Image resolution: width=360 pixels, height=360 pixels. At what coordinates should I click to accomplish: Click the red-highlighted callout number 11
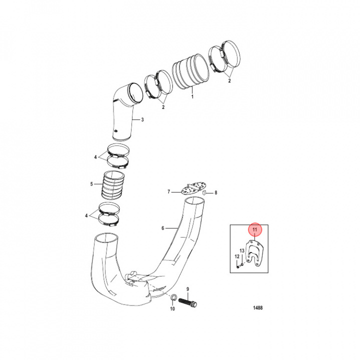(x=255, y=230)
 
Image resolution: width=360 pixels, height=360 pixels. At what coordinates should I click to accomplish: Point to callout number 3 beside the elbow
(x=142, y=119)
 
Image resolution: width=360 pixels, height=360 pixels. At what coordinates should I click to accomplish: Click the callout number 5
(x=91, y=184)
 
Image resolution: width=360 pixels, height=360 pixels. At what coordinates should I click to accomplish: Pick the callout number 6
(x=162, y=228)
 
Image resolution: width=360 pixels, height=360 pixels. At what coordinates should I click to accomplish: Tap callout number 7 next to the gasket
(x=169, y=191)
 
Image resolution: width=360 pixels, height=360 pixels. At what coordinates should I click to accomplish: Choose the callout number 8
(x=216, y=192)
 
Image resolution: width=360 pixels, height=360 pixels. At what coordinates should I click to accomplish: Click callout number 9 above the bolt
(x=187, y=289)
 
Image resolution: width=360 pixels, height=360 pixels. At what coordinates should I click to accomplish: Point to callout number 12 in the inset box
(x=237, y=256)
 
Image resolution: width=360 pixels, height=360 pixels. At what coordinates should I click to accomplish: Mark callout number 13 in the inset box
(x=242, y=250)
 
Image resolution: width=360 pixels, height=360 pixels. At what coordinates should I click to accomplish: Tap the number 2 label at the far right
(x=229, y=80)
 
